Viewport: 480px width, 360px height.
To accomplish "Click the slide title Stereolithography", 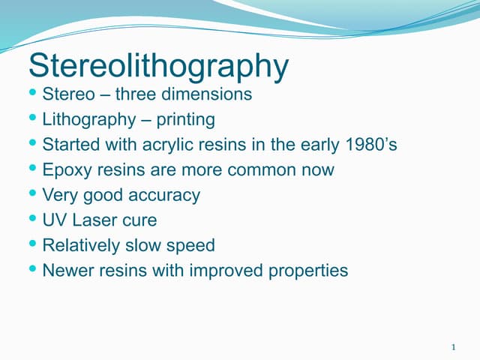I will (158, 67).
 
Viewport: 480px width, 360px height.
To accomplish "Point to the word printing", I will (185, 120).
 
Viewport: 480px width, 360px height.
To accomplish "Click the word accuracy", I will (163, 196).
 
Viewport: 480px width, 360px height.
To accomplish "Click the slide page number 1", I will (454, 347).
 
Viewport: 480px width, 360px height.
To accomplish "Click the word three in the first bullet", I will (135, 95).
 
